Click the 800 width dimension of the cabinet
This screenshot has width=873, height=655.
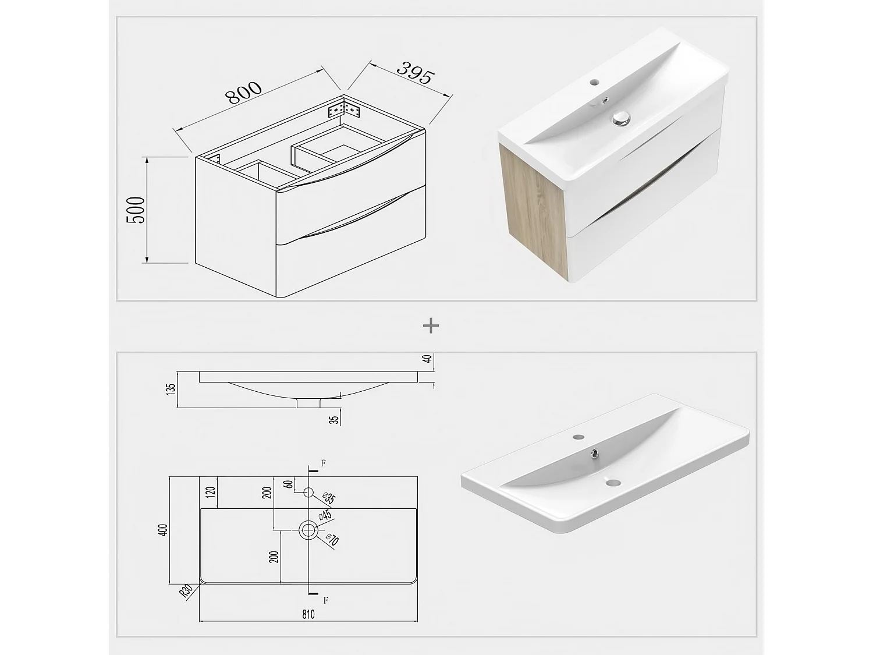pyautogui.click(x=245, y=93)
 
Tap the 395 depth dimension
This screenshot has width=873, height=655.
pyautogui.click(x=416, y=73)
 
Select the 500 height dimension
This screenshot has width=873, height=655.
pyautogui.click(x=136, y=210)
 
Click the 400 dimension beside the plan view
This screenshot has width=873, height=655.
pyautogui.click(x=165, y=530)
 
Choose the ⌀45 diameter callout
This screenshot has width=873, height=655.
pyautogui.click(x=325, y=515)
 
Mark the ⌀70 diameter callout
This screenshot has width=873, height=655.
pyautogui.click(x=332, y=540)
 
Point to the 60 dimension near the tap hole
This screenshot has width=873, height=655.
pyautogui.click(x=288, y=484)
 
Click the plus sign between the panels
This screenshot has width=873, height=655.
pyautogui.click(x=431, y=326)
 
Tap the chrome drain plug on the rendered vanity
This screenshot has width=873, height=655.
pyautogui.click(x=622, y=119)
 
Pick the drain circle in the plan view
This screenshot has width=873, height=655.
pyautogui.click(x=308, y=530)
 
